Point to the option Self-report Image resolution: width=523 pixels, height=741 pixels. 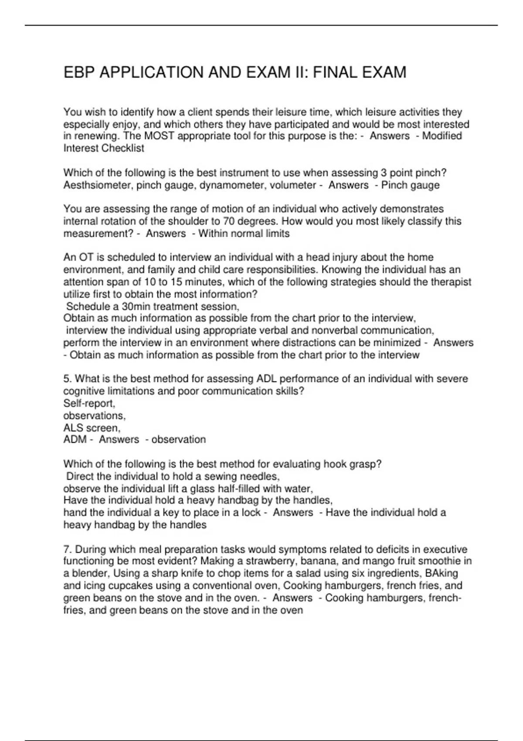point(89,403)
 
